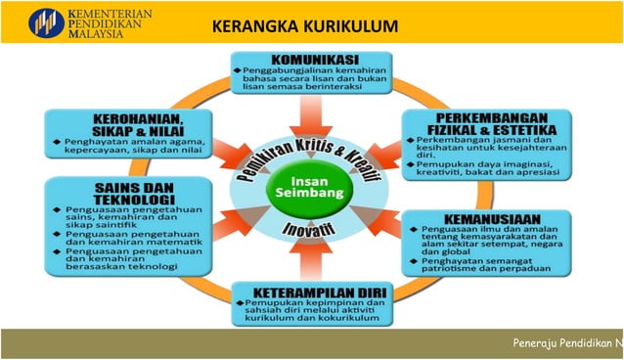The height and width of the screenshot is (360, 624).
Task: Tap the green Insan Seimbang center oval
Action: pos(311,182)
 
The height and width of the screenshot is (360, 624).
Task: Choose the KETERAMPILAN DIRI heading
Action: pos(311,291)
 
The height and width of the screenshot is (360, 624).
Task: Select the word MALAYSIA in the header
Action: pos(97,31)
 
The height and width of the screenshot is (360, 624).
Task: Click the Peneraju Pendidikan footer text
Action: pos(567,343)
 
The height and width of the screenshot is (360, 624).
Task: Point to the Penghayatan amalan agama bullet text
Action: pos(132,148)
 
